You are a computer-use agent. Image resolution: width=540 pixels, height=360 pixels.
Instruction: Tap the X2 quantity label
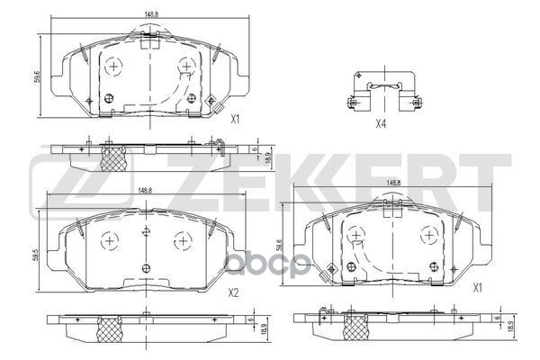pos(233,292)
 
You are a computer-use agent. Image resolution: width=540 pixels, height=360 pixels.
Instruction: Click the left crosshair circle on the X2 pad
pos(109,240)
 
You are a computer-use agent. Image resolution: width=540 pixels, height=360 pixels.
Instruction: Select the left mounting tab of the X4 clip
pos(352,100)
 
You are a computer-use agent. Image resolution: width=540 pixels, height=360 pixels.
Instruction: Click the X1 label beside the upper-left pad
pos(235,119)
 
